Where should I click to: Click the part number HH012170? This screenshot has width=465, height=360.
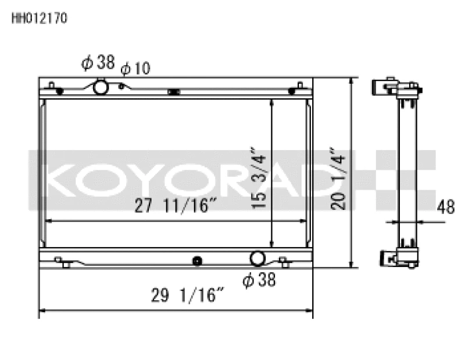tap(40, 18)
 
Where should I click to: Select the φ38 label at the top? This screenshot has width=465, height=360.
tap(98, 63)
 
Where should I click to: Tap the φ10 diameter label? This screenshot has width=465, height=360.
tap(135, 69)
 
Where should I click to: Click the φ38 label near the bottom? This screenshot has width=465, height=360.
tap(259, 281)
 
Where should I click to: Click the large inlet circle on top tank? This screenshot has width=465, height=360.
tap(101, 88)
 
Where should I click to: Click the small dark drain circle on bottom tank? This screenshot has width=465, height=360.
tap(197, 261)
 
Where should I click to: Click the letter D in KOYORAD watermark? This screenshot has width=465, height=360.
tap(294, 180)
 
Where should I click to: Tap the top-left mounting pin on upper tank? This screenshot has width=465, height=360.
tap(52, 87)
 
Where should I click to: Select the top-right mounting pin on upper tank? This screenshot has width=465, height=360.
tap(299, 87)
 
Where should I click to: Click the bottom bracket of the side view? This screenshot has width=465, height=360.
tap(393, 256)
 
